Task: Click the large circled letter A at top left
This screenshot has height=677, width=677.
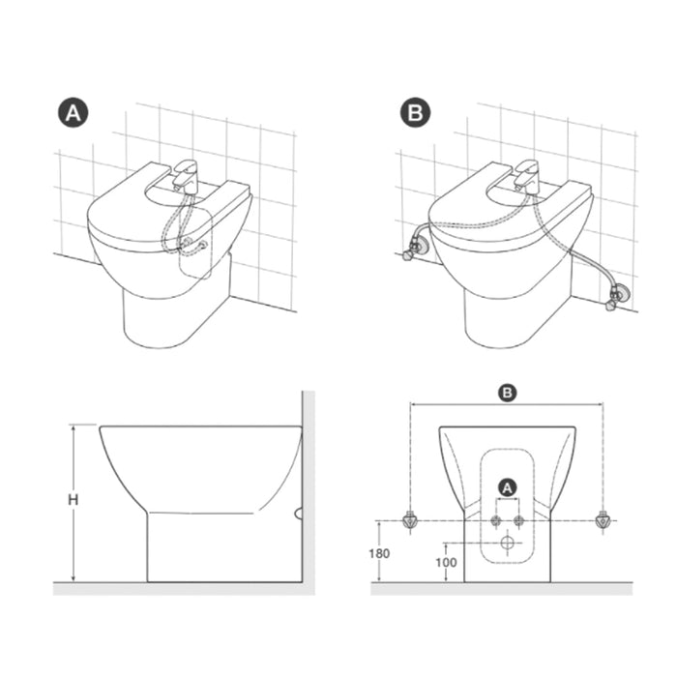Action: coord(73,113)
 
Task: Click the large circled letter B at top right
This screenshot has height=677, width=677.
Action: coord(415,112)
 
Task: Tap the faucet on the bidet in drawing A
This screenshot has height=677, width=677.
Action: coord(186,175)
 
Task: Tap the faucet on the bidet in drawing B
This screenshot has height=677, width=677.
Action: coord(527,175)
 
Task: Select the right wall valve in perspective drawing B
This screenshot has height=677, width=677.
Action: coord(617,295)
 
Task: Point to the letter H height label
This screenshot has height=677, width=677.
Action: coord(74,500)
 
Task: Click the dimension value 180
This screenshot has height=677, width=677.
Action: coord(379,553)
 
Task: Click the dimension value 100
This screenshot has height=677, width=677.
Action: coord(446,562)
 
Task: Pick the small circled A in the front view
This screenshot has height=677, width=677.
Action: coord(508,487)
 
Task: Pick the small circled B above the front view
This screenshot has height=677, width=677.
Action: coord(507,393)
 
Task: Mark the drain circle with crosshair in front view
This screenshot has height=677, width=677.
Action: coord(508,543)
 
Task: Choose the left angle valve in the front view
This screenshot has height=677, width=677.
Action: coord(410,520)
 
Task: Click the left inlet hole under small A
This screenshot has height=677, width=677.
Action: coord(496,521)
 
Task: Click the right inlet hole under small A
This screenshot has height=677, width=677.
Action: coord(518,521)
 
